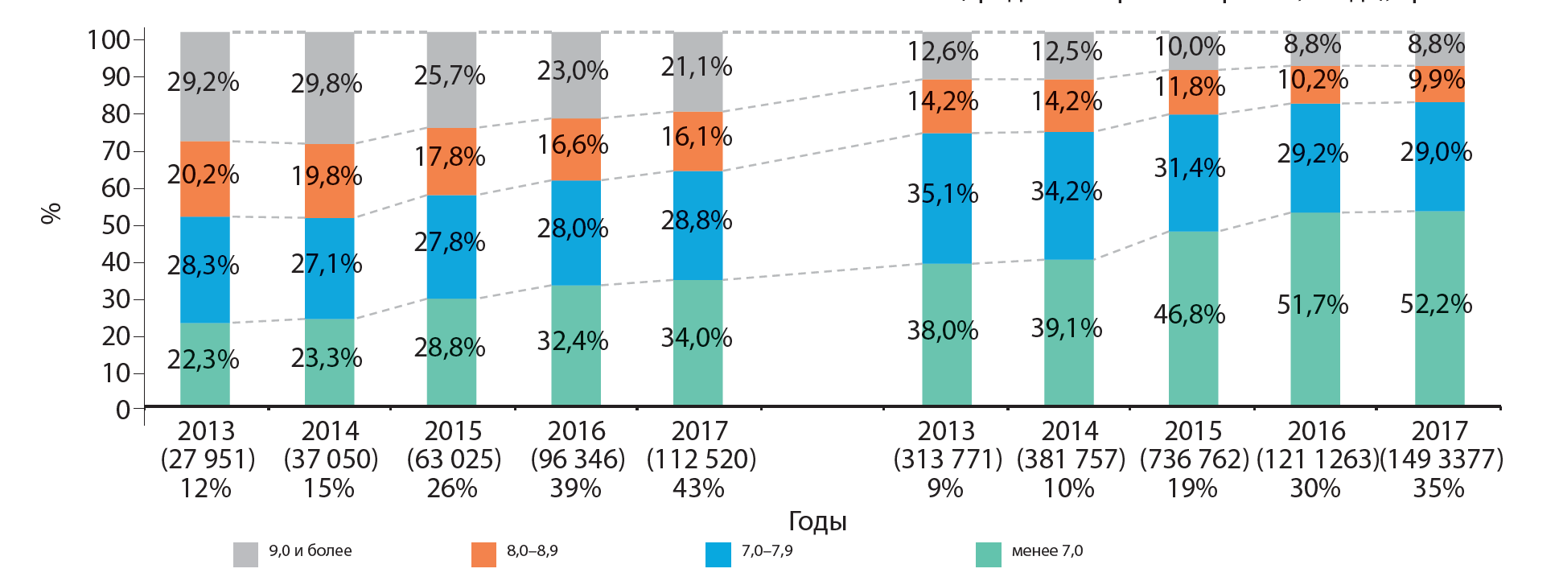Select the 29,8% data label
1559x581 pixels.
(327, 84)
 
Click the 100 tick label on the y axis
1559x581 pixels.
(109, 39)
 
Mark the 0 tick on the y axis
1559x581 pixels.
(123, 410)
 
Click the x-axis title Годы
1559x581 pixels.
(817, 521)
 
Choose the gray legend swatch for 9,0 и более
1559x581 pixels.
(245, 554)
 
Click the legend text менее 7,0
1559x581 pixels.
(1047, 551)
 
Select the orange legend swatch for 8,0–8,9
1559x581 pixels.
(483, 554)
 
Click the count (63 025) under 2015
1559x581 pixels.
(454, 459)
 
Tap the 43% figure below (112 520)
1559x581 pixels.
(698, 488)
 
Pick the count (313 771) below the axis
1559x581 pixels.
(948, 459)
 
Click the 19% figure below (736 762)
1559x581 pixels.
(1192, 488)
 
